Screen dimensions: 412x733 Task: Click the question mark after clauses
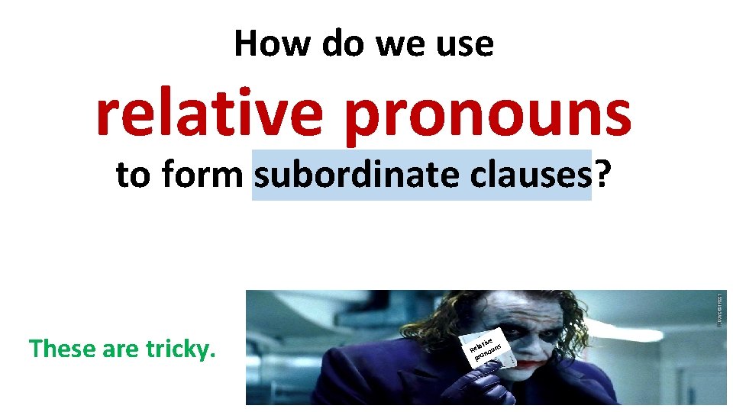(x=603, y=175)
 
